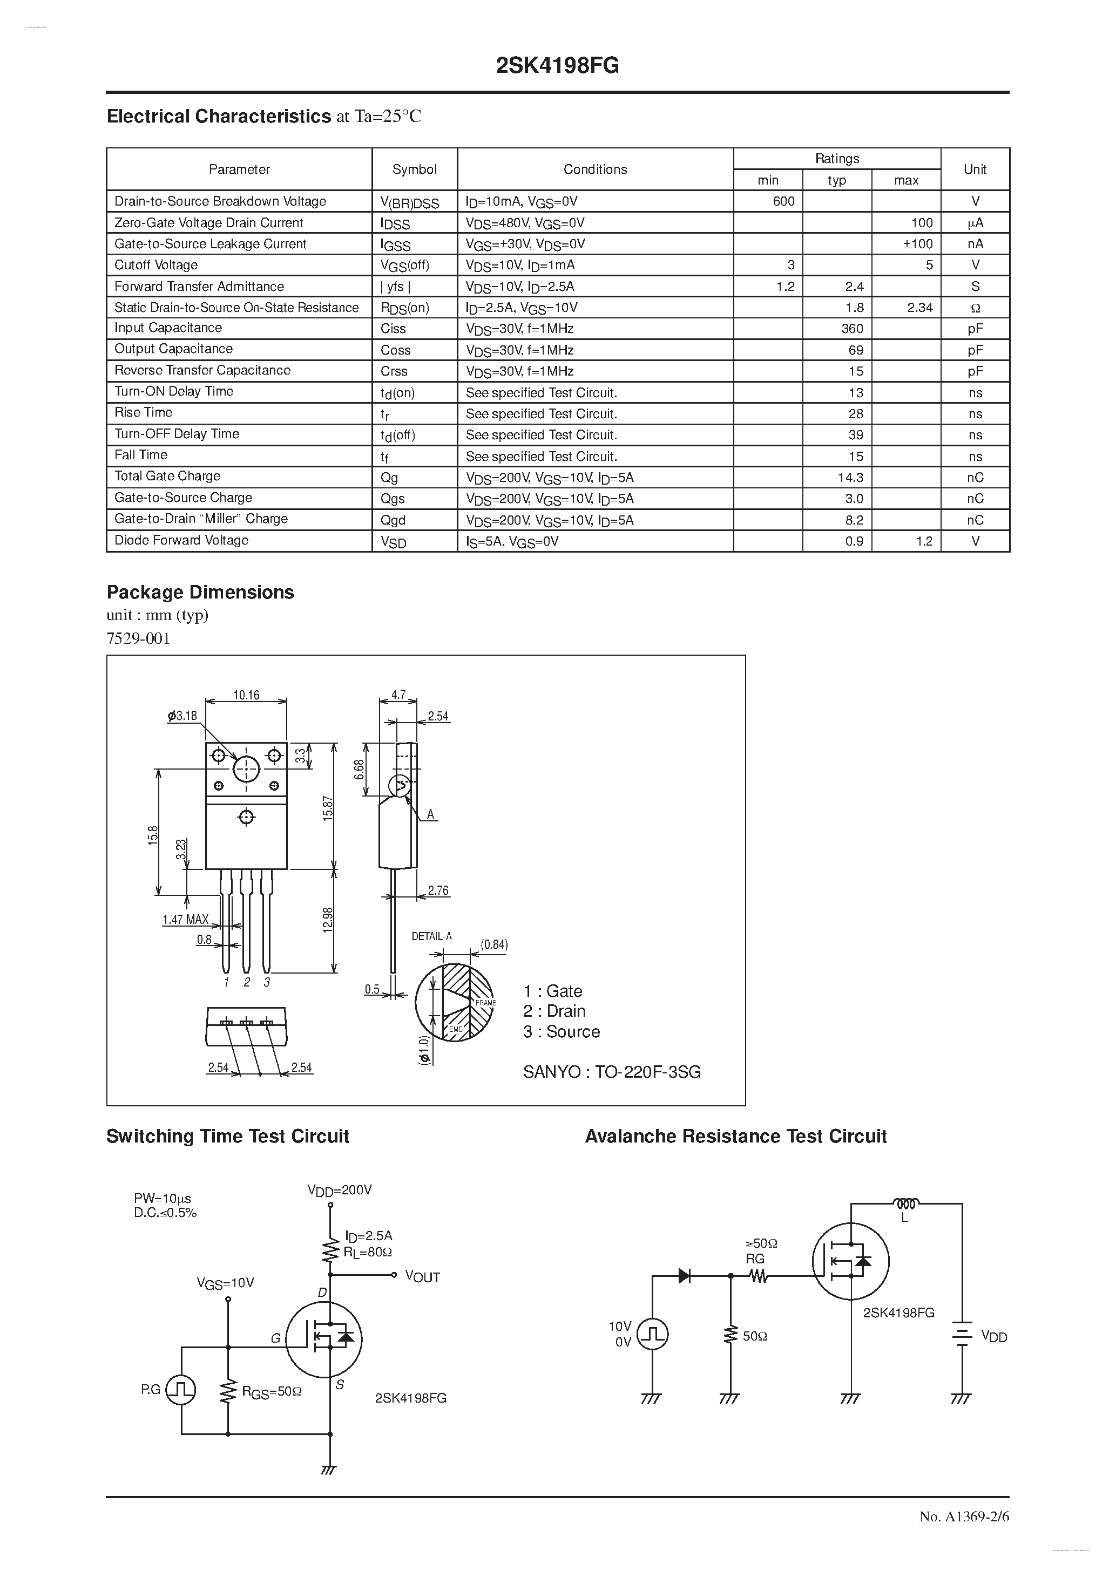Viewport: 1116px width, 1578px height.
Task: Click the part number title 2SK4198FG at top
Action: click(x=557, y=65)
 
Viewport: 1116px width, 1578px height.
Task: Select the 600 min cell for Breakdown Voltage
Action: click(x=783, y=201)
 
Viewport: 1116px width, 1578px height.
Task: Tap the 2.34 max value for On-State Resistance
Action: click(x=919, y=308)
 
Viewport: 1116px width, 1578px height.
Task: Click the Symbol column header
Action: click(x=414, y=169)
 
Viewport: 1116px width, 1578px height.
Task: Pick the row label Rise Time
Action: click(x=143, y=412)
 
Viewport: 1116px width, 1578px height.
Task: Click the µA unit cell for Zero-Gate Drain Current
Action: click(x=975, y=223)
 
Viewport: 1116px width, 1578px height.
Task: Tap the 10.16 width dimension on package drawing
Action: click(x=246, y=695)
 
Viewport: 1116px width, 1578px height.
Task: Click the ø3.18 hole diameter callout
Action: click(x=182, y=716)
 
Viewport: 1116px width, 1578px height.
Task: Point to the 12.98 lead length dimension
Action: click(x=328, y=920)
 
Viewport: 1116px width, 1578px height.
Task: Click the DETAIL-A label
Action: click(x=431, y=936)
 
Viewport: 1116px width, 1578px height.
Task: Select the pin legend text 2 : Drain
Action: click(x=553, y=1011)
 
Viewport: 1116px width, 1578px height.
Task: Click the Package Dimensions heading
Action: click(x=200, y=593)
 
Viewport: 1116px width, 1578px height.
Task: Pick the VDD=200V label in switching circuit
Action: click(x=339, y=1189)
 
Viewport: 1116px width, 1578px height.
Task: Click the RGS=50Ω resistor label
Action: click(x=271, y=1392)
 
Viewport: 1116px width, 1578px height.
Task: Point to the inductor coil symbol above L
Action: click(x=905, y=1203)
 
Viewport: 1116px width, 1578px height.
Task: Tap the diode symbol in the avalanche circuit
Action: click(x=684, y=1276)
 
